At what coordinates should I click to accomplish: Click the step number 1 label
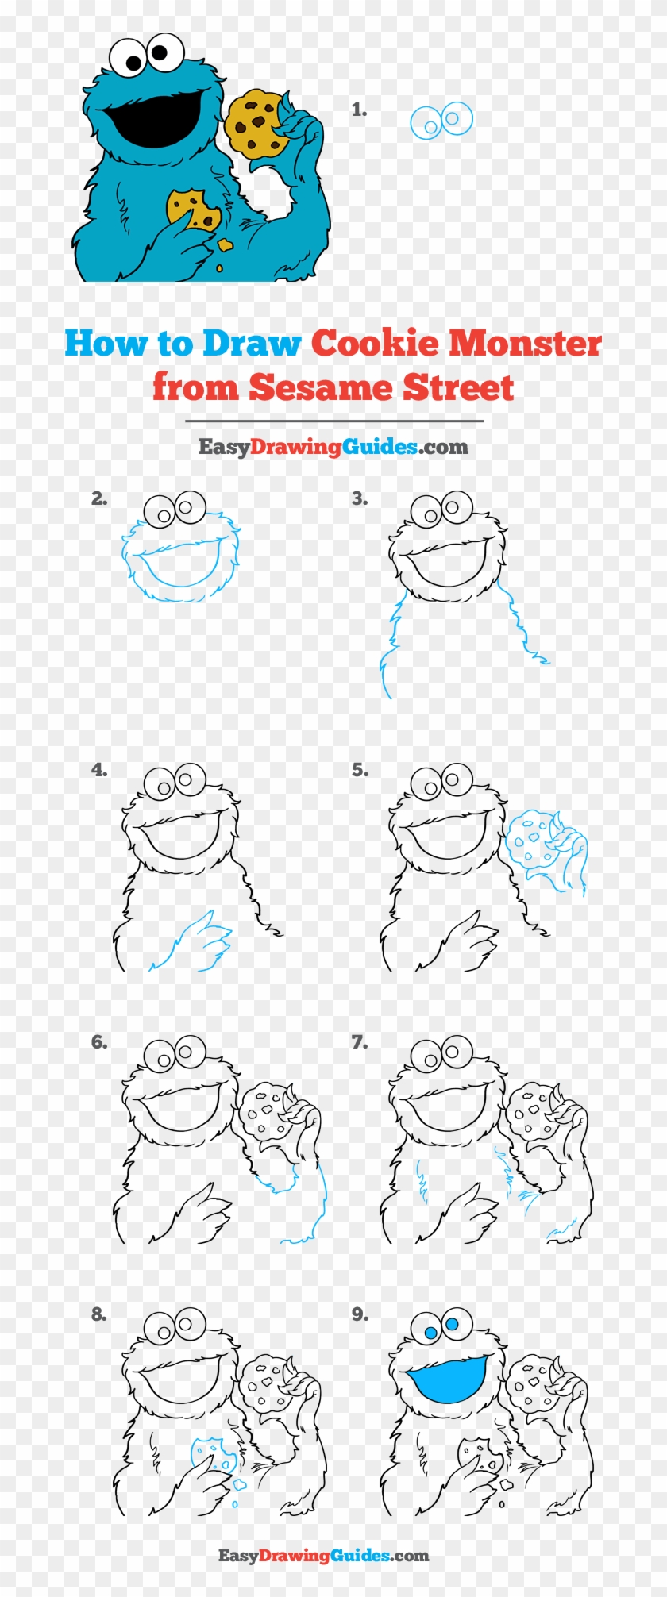tap(359, 110)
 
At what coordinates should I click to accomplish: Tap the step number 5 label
tap(360, 770)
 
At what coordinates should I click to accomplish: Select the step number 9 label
tap(360, 1314)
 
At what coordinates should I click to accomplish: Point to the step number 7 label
tap(360, 1042)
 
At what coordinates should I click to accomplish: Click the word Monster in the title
tap(524, 344)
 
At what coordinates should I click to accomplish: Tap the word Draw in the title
tap(251, 344)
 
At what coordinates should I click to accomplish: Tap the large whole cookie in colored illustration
tap(255, 122)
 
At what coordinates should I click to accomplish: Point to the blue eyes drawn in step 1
tap(441, 121)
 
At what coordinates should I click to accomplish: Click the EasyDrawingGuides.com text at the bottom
tap(323, 1556)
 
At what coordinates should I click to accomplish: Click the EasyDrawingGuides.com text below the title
tap(333, 447)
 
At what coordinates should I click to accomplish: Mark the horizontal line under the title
tap(333, 421)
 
